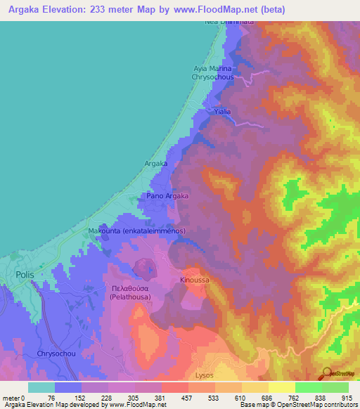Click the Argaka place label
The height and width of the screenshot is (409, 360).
click(x=155, y=164)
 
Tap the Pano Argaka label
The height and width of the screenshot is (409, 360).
click(x=167, y=196)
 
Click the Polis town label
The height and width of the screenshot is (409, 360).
click(x=24, y=275)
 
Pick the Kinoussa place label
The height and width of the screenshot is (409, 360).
click(x=195, y=280)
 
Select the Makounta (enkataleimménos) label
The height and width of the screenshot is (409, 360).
click(x=136, y=231)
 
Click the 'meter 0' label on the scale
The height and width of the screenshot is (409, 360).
click(x=14, y=397)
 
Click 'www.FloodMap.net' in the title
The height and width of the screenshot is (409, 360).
click(x=205, y=9)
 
